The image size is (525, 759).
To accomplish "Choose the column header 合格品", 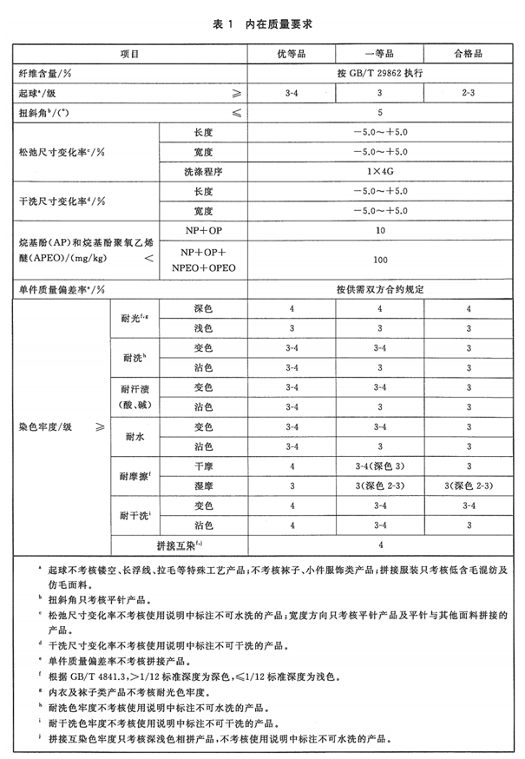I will click(468, 54).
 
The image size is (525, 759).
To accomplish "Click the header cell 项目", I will click(130, 54).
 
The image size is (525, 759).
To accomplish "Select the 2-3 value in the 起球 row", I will click(468, 93).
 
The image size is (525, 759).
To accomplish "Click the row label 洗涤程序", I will click(202, 171).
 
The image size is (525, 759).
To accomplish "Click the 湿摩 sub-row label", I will click(202, 486).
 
